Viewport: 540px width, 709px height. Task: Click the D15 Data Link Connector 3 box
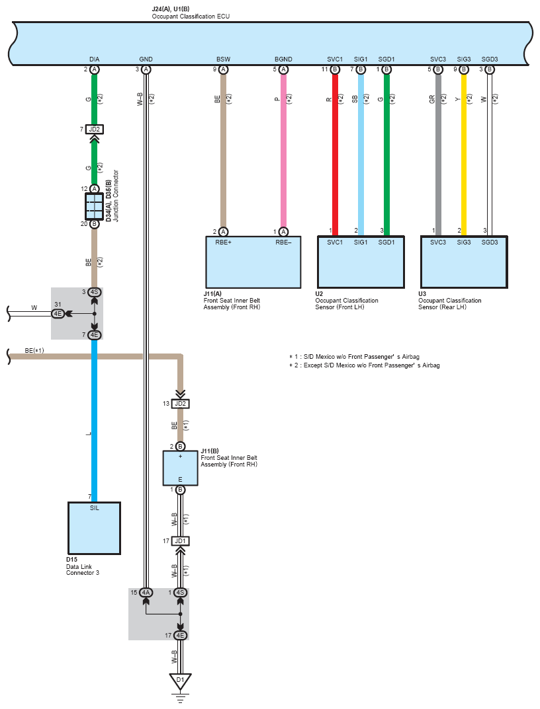[x=94, y=528]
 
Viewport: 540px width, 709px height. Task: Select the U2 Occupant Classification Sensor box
[x=361, y=262]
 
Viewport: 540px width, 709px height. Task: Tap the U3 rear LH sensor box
[x=464, y=262]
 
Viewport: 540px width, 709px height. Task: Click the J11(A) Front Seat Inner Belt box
[x=253, y=262]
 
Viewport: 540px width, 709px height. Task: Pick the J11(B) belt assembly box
[x=180, y=468]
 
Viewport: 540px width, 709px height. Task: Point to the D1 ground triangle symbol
[x=180, y=681]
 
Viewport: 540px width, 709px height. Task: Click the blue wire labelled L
[x=94, y=420]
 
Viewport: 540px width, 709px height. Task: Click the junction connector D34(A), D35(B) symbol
[x=94, y=207]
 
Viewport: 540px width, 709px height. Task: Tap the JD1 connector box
[x=180, y=541]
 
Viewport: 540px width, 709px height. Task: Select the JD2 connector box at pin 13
[x=180, y=403]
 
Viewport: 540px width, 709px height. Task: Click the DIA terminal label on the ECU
[x=94, y=59]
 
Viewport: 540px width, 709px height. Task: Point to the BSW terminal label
[x=223, y=59]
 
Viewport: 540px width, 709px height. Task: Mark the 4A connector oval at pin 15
[x=146, y=592]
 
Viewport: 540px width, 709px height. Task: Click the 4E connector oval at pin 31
[x=58, y=313]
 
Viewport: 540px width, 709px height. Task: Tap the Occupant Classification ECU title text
[x=191, y=17]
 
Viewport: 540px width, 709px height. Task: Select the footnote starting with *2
[x=364, y=365]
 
